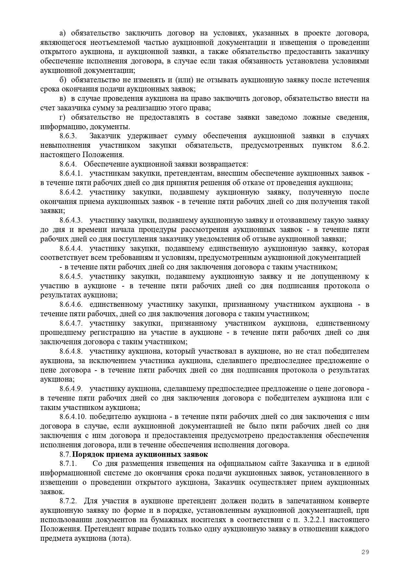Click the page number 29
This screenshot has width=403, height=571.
point(365,552)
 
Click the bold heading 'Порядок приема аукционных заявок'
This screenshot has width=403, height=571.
point(140,454)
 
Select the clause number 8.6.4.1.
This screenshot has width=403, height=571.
point(71,173)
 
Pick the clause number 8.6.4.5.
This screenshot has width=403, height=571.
point(71,277)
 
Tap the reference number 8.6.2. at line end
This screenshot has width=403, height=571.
point(360,145)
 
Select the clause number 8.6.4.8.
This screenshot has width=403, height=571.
point(71,351)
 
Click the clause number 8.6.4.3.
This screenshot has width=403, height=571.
point(71,220)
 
